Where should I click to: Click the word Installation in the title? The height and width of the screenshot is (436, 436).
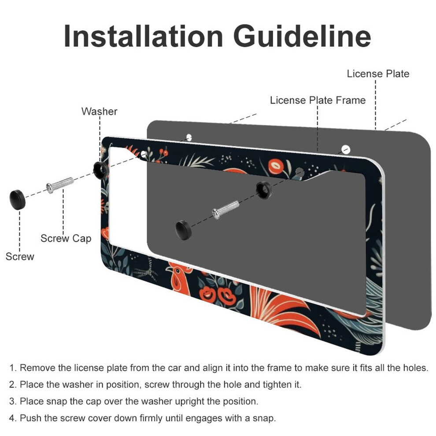pos(144,36)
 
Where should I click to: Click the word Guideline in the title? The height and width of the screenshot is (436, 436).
pos(302,36)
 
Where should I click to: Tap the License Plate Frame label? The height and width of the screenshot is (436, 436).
pos(318,100)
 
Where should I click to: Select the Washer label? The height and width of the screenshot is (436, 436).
pos(99,111)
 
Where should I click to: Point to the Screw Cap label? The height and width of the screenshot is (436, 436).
pos(66,238)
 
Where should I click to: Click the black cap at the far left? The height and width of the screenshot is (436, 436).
pos(18,200)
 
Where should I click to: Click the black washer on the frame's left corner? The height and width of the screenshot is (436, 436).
pos(101,170)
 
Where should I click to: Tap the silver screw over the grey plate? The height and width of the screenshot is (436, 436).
pos(225,209)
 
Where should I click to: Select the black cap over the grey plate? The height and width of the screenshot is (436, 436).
pos(184,230)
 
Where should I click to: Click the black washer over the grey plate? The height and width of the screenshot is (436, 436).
pos(264,190)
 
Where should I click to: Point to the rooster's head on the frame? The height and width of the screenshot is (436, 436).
pos(178,278)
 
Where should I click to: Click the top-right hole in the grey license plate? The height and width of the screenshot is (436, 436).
pos(346,149)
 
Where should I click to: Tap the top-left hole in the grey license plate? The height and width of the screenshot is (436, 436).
pos(189,137)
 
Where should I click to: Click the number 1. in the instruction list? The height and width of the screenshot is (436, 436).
pos(13,368)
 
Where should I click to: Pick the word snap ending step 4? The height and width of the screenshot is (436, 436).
pos(264,418)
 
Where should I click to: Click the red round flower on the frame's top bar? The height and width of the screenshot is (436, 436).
pos(276,166)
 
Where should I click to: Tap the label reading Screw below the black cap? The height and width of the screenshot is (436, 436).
pos(20,256)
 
